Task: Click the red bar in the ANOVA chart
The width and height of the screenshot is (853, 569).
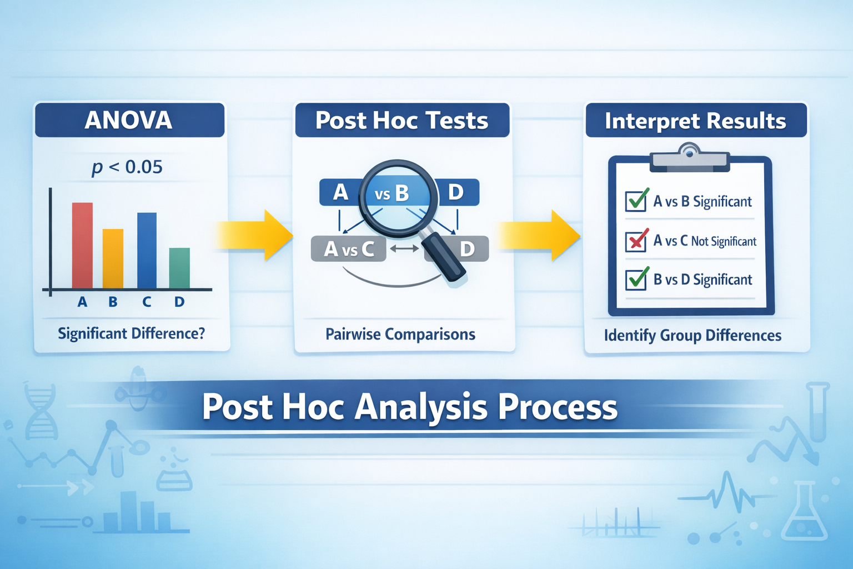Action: click(x=82, y=246)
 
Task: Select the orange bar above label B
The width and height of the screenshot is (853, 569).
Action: click(x=113, y=259)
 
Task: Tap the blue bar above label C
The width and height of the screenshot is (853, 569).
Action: click(x=147, y=251)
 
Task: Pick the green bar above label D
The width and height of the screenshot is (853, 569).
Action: click(x=179, y=268)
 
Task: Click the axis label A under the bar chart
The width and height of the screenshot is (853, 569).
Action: click(x=82, y=302)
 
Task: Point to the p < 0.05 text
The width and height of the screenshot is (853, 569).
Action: click(x=127, y=167)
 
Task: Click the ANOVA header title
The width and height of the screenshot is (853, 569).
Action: click(x=129, y=120)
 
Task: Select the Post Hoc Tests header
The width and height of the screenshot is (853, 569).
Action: click(x=402, y=121)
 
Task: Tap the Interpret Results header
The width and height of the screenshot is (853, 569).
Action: click(x=695, y=121)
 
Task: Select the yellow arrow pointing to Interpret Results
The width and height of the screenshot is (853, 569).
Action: click(x=539, y=235)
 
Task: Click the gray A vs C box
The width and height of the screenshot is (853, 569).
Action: click(x=349, y=249)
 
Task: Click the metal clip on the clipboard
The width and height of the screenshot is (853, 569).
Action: click(x=690, y=157)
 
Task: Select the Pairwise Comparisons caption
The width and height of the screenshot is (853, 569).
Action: click(x=400, y=335)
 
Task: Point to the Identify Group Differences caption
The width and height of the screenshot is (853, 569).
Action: click(x=693, y=336)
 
